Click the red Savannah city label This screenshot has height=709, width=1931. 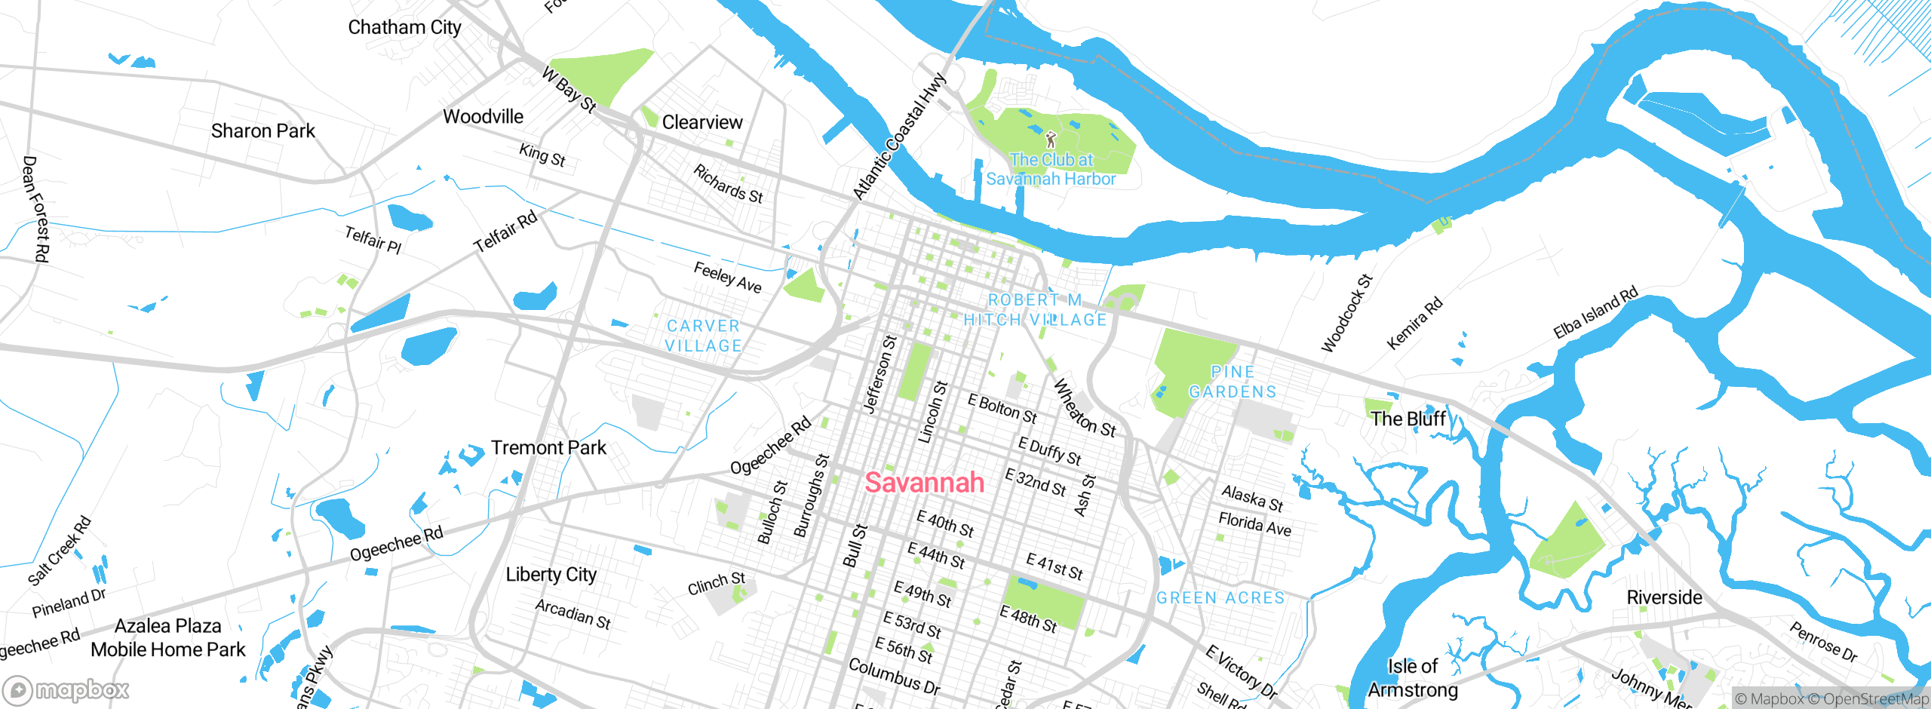tap(924, 483)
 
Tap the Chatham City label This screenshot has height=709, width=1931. tap(404, 28)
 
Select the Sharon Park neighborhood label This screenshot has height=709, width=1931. tap(262, 131)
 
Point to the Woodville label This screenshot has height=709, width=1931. tap(483, 117)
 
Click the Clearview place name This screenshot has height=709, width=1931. tap(701, 122)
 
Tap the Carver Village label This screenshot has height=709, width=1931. tap(703, 336)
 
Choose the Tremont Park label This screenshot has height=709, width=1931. tap(548, 448)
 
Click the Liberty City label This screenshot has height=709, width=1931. tap(551, 575)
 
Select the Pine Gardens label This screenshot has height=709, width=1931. tap(1233, 382)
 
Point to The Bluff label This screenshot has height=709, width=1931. tap(1408, 419)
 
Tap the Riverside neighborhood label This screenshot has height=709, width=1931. tap(1664, 598)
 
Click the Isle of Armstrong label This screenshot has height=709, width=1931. tap(1412, 678)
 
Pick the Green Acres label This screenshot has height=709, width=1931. tap(1220, 598)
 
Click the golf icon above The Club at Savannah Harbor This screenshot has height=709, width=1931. tap(1051, 140)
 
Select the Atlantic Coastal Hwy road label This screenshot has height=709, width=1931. tap(898, 137)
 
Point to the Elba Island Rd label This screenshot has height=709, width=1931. tap(1595, 313)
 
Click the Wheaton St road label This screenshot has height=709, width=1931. tap(1084, 408)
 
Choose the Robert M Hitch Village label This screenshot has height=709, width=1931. tap(1035, 310)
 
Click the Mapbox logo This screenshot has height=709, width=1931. tap(66, 690)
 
